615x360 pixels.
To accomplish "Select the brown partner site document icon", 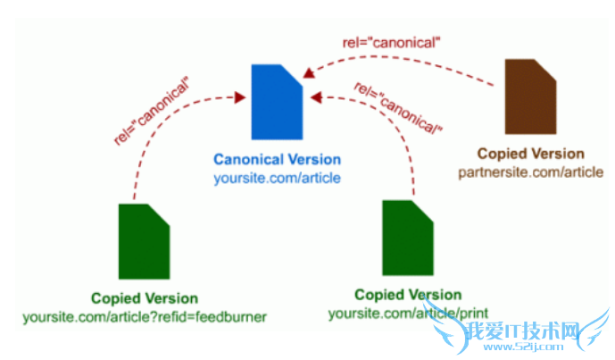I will pos(531,96).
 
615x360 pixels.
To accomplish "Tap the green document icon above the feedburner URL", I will pos(145,241).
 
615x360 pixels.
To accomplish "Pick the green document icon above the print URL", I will pos(408,239).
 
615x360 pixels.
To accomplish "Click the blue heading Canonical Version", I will pos(277,160).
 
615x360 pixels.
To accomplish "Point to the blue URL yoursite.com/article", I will pos(277,178).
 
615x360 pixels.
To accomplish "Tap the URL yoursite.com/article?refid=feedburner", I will pos(145,315).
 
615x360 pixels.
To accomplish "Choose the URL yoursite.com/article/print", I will pos(408,313).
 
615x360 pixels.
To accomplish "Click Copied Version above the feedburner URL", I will pos(145,298).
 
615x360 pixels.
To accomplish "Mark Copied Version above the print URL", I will pos(408,295).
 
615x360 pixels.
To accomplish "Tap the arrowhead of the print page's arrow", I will pos(315,95).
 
